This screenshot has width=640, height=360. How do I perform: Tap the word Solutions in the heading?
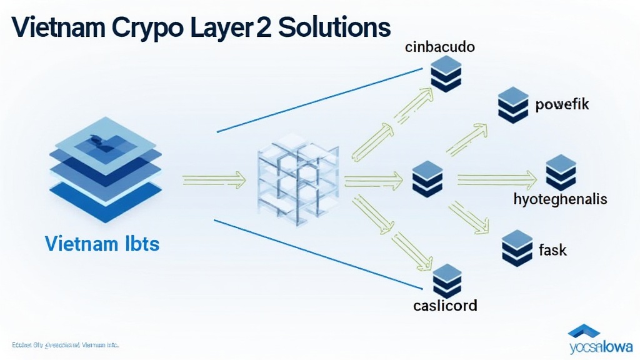pos(334,27)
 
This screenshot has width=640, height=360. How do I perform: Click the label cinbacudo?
pos(439,47)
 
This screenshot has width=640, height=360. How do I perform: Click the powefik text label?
pos(562,104)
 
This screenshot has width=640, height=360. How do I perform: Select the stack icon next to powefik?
pos(514,104)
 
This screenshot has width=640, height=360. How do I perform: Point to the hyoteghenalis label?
pos(560,199)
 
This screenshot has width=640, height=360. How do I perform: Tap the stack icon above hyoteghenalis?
pos(561,172)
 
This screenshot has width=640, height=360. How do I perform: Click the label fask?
pos(552,250)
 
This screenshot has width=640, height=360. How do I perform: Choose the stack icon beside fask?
pos(516,248)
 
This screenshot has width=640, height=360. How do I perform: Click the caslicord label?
pos(445,306)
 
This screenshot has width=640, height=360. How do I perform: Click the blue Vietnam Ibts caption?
pos(102,243)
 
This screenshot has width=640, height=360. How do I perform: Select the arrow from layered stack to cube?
pos(213,181)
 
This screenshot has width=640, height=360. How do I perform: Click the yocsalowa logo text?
pos(600,346)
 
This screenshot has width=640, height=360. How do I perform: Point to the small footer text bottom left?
pos(65,345)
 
